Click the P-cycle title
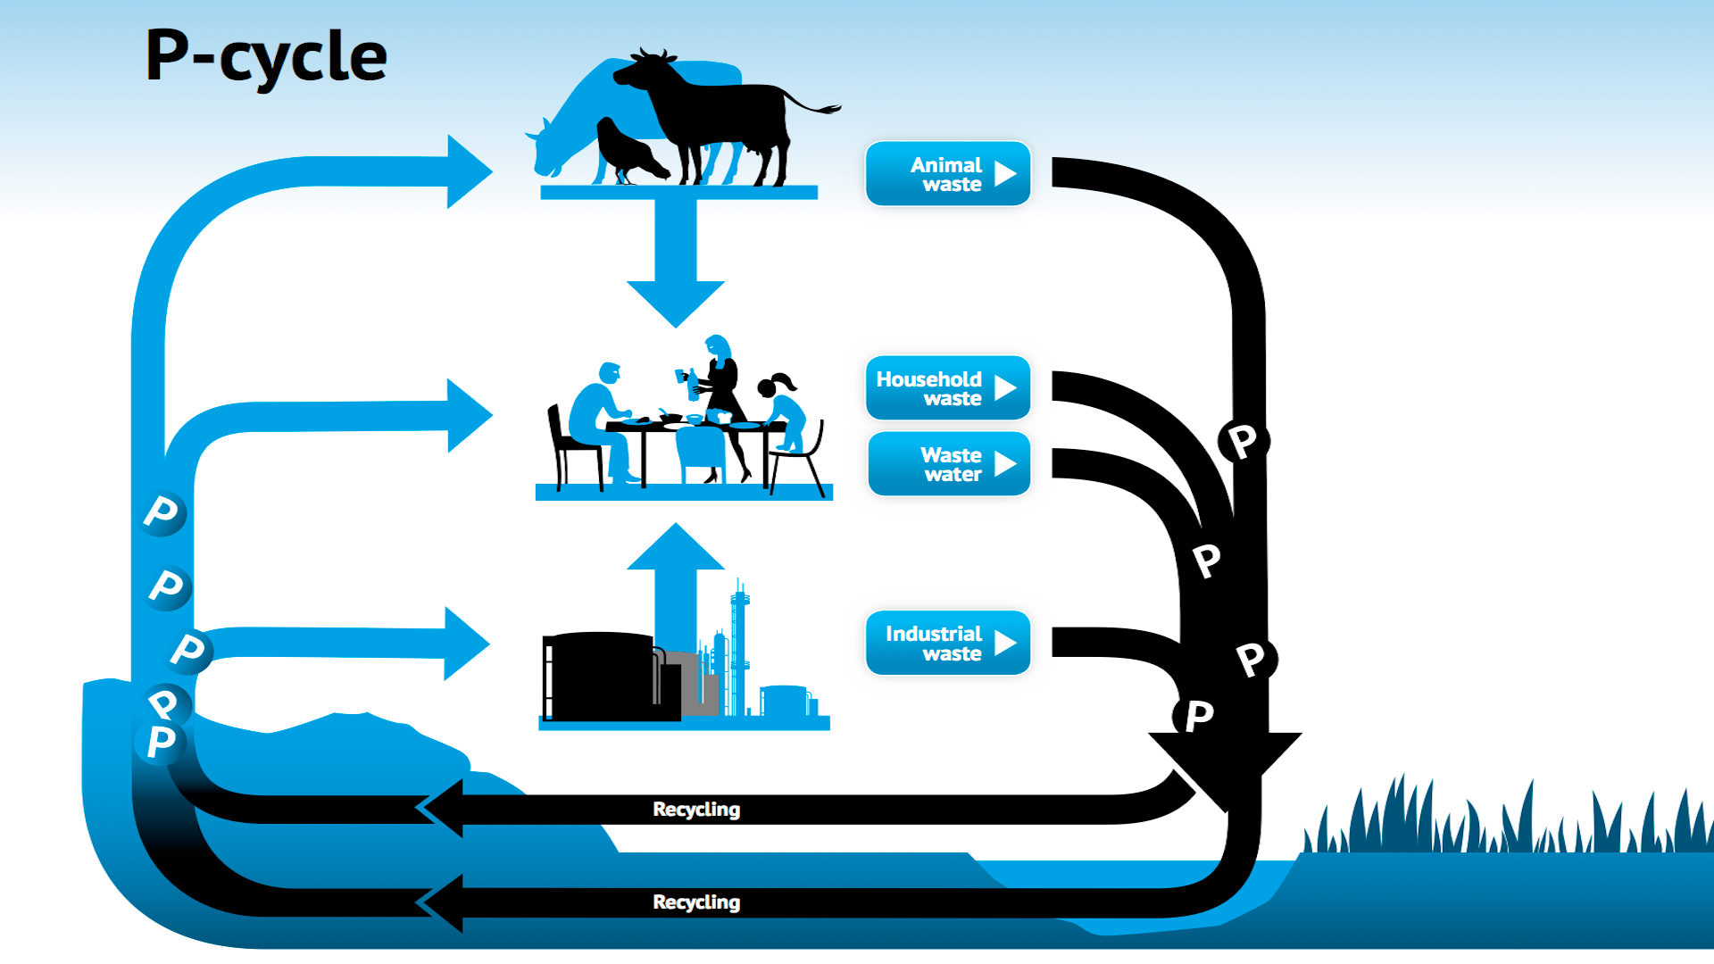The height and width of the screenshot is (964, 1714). (x=265, y=55)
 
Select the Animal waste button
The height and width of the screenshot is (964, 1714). (x=948, y=173)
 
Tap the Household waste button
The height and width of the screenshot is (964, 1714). (x=948, y=387)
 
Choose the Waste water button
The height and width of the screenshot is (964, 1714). (x=949, y=463)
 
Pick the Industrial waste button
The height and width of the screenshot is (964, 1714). (x=948, y=642)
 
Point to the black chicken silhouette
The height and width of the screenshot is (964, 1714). (x=629, y=150)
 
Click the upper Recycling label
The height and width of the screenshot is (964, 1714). (x=696, y=809)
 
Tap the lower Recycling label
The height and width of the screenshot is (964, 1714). (x=696, y=902)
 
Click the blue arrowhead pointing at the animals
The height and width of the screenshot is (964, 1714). (x=470, y=170)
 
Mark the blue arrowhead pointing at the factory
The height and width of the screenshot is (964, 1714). (x=467, y=643)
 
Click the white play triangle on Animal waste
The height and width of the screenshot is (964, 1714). (x=1006, y=173)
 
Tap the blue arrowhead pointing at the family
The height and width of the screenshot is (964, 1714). (x=470, y=415)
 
